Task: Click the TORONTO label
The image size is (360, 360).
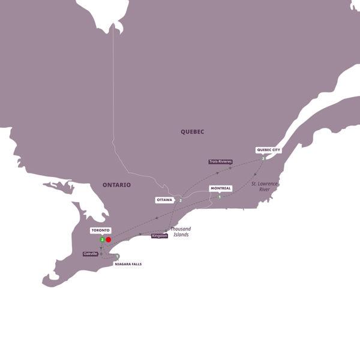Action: point(100,230)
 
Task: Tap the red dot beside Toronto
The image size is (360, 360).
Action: point(109,240)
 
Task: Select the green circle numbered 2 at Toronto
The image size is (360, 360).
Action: point(103,240)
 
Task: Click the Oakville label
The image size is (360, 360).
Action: point(91,254)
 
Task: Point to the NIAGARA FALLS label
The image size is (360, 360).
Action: point(128,264)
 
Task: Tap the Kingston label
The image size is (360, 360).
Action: point(160,236)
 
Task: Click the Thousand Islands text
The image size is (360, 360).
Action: point(179,232)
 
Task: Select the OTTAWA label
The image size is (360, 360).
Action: point(164,199)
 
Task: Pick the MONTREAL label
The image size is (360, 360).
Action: point(220,188)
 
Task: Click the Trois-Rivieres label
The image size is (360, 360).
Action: point(220,161)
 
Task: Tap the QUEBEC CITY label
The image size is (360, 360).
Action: point(268,150)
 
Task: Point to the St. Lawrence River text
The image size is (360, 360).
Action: point(264,186)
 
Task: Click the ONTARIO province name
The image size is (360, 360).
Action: point(117,185)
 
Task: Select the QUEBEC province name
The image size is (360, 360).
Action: point(193,131)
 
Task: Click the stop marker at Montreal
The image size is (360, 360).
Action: point(220,197)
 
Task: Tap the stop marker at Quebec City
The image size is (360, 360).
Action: point(263,158)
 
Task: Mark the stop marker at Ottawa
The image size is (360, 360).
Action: point(180,200)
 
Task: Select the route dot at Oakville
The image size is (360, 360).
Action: point(101,254)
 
